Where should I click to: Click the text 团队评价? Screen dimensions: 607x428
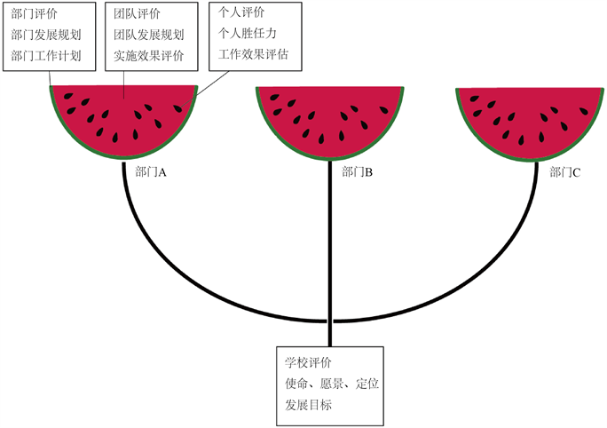point(137,15)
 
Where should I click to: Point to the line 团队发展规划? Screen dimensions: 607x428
point(149,36)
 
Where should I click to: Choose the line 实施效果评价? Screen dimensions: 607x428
point(149,56)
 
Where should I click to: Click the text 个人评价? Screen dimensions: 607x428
point(241,13)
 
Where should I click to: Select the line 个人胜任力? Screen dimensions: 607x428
point(248,34)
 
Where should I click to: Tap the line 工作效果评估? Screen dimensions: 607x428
point(253,54)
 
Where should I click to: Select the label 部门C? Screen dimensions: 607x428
point(564,171)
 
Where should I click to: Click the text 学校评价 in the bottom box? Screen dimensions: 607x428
point(308,363)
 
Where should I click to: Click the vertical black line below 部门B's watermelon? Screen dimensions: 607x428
point(329,258)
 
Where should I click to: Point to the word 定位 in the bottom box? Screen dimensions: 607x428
point(368,384)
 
